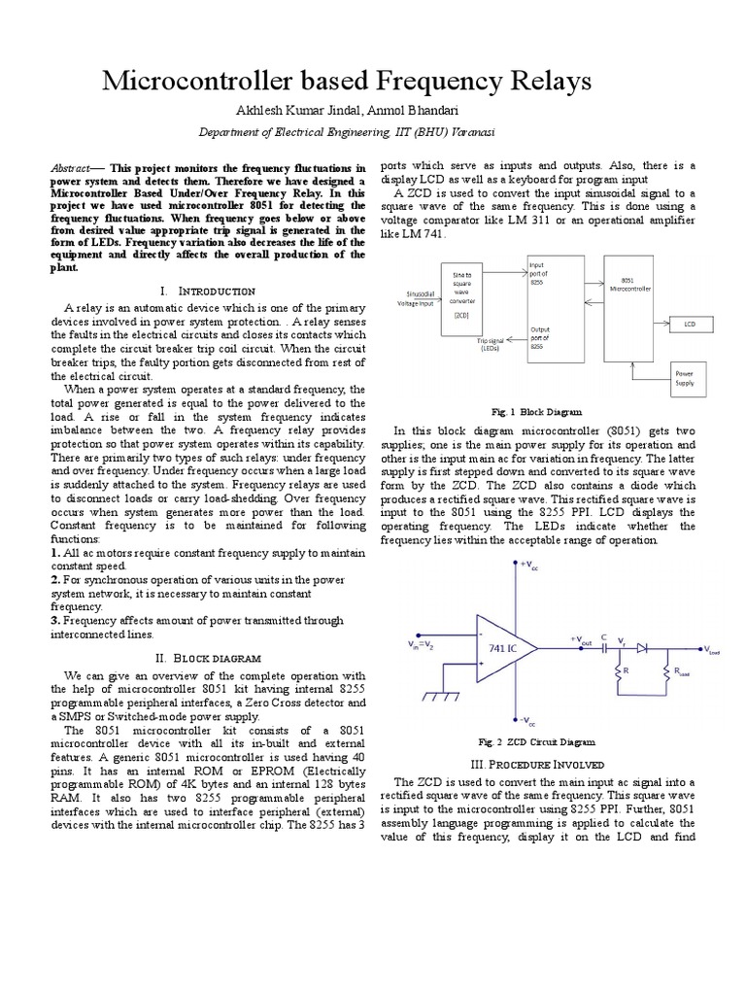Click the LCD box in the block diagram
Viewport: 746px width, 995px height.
click(690, 322)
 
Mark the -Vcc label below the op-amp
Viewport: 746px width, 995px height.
click(529, 722)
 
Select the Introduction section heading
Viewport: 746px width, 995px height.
click(207, 291)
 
